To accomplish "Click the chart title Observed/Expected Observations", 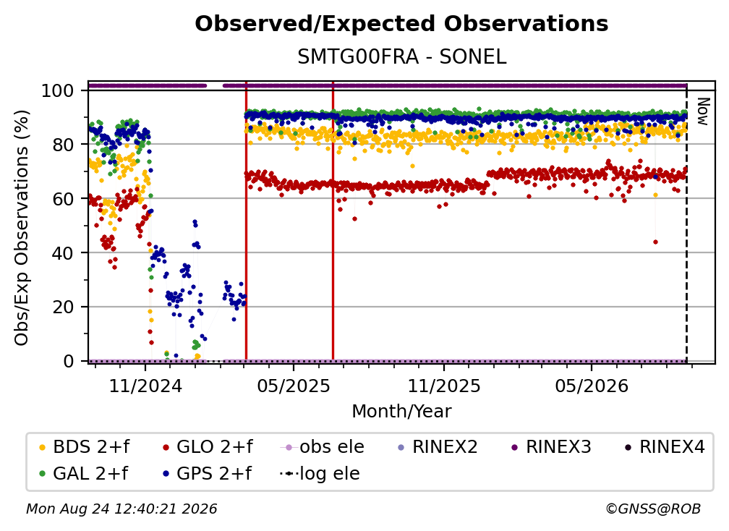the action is pos(401,24).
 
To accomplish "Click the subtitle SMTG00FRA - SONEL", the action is pos(401,56).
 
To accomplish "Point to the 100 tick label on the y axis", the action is pos(58,90).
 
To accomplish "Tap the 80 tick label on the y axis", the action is pos(63,145).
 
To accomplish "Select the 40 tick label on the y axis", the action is pos(63,253).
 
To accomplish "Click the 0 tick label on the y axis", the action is pos(69,361).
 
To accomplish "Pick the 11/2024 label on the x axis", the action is pos(145,386).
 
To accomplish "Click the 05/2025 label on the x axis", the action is pos(294,386).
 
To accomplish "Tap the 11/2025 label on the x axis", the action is pos(444,386).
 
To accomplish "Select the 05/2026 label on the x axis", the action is pos(592,386).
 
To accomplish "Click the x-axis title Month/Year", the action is pos(401,412).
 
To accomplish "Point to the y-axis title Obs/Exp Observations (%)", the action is pos(22,228).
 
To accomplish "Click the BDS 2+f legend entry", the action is pos(84,447).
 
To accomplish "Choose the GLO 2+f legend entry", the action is pos(208,447).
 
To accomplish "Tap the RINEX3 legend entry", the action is pos(551,447).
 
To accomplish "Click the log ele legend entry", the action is pos(320,474).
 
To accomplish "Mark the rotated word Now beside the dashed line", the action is pos(702,111).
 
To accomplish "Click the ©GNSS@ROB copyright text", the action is pos(653,509).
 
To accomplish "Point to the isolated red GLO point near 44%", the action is pos(655,242).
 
